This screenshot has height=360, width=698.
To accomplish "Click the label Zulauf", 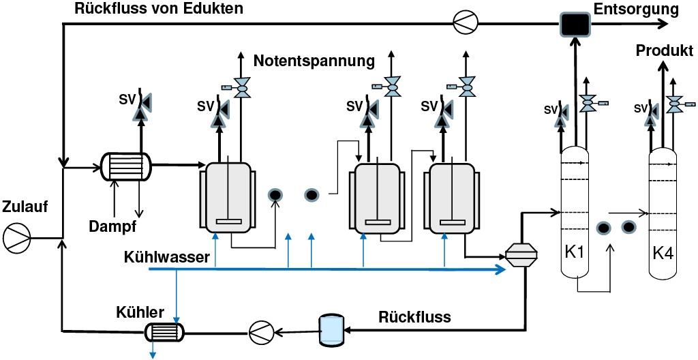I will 25,207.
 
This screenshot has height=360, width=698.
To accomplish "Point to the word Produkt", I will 664,51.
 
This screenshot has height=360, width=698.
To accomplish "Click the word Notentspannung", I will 314,61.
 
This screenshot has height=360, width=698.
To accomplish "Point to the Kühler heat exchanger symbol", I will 164,332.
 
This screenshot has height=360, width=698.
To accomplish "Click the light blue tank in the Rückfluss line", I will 331,329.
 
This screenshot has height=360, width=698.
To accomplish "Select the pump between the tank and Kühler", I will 261,332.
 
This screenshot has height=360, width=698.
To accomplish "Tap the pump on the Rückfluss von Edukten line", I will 467,25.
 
